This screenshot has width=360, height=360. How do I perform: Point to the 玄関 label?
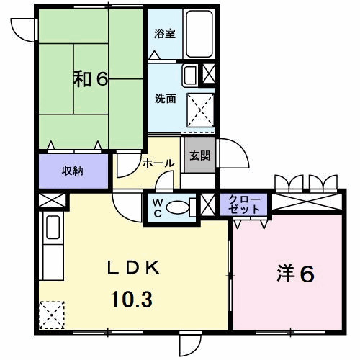pyautogui.click(x=199, y=155)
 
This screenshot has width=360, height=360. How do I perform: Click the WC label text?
pyautogui.click(x=157, y=207)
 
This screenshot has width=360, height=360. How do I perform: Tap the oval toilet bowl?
pyautogui.click(x=177, y=208)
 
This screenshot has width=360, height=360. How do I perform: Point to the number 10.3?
pyautogui.click(x=132, y=298)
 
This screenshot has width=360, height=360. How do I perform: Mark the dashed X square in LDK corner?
pyautogui.click(x=52, y=315)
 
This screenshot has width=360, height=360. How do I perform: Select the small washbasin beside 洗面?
pyautogui.click(x=189, y=75)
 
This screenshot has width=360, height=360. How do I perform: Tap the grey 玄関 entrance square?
pyautogui.click(x=199, y=156)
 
